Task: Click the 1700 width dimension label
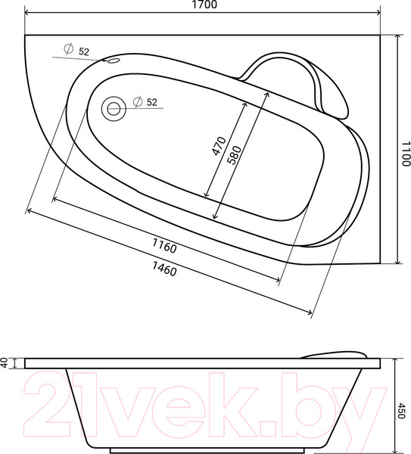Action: click(204, 5)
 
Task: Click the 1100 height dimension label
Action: click(406, 154)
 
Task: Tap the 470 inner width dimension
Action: click(219, 145)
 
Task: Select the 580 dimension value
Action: click(234, 155)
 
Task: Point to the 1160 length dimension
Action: click(164, 245)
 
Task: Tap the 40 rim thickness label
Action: click(4, 362)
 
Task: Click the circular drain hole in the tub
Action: click(114, 109)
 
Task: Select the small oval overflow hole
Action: click(114, 61)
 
